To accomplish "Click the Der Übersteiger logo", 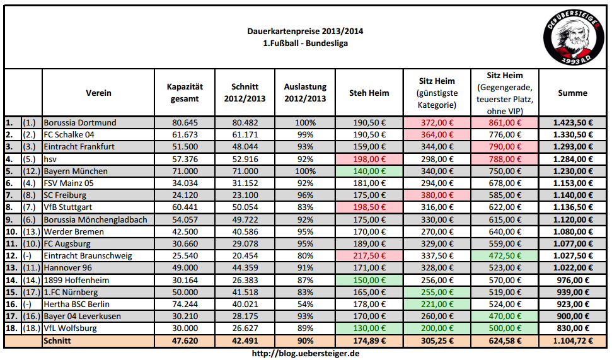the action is [x=574, y=37].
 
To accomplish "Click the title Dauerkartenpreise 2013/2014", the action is [x=305, y=32].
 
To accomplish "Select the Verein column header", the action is [x=99, y=93].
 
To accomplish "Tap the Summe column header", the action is [x=572, y=93].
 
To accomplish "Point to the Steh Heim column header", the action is [x=369, y=93].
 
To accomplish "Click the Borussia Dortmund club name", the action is [x=80, y=122].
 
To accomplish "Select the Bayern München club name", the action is [x=76, y=171].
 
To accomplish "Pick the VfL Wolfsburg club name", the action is [x=70, y=328].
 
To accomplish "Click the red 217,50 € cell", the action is [x=369, y=256].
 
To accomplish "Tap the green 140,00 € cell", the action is [x=369, y=171].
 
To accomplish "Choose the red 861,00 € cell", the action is [x=505, y=122].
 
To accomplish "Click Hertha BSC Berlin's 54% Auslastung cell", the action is [x=305, y=304].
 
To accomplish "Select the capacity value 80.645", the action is [x=185, y=122].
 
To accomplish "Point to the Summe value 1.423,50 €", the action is [x=572, y=122].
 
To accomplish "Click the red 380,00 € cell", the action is [x=437, y=195].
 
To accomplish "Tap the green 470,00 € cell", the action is [x=505, y=316].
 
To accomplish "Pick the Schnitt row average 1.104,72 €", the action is [x=572, y=341].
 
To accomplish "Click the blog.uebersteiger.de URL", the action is [x=305, y=353].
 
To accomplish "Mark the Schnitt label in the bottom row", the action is [x=57, y=341].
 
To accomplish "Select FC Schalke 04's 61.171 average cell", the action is [x=245, y=135].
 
